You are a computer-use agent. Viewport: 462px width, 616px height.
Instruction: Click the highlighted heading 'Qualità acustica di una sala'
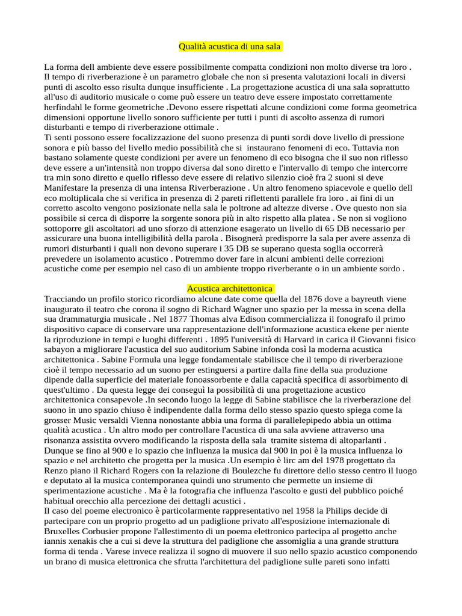[230, 47]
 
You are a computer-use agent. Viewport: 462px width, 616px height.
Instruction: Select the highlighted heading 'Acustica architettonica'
[230, 289]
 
